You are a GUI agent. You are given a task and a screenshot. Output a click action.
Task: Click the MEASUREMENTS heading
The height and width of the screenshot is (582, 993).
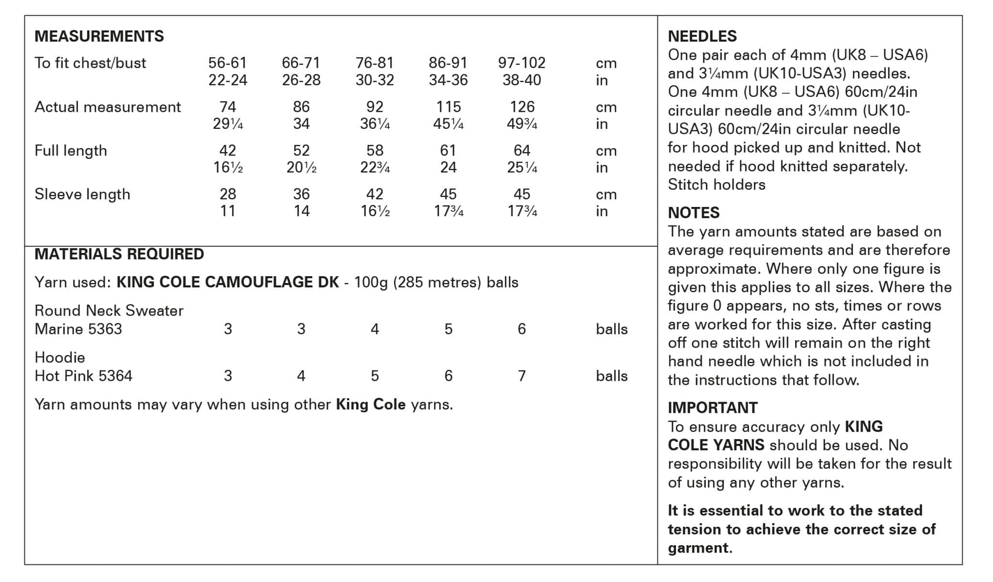[x=99, y=36]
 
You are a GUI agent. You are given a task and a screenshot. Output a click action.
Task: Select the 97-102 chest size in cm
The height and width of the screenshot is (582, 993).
[x=521, y=63]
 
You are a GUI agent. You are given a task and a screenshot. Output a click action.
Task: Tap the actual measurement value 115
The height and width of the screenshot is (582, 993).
[x=448, y=107]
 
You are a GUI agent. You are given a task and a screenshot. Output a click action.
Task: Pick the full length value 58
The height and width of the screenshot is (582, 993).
[x=374, y=150]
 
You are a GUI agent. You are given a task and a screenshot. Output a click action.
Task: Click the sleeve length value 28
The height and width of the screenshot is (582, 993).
[x=227, y=194]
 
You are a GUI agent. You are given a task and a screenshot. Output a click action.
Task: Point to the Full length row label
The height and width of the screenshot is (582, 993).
[x=71, y=151]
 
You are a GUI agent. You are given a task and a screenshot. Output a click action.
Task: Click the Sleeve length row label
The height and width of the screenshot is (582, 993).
[x=82, y=194]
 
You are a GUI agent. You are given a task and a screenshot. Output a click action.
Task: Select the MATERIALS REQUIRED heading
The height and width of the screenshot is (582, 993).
[x=119, y=254]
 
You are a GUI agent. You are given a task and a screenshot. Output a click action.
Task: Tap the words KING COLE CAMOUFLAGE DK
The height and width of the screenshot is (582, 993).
[x=227, y=282]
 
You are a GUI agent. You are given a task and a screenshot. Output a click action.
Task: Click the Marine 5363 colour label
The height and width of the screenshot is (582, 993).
[x=78, y=329]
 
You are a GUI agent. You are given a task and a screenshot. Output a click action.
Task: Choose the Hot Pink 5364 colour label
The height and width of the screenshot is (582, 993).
[x=83, y=376]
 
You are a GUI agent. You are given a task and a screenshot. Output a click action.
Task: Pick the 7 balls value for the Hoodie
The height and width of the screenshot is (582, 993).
[x=521, y=376]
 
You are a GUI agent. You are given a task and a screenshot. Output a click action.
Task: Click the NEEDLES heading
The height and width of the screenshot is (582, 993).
[x=702, y=36]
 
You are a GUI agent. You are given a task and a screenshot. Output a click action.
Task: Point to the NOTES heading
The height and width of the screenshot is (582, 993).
[x=693, y=213]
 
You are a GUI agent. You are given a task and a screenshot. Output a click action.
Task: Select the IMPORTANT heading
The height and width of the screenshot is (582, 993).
[x=712, y=408]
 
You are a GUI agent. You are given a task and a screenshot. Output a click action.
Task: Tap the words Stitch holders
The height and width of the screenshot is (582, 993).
[x=716, y=185]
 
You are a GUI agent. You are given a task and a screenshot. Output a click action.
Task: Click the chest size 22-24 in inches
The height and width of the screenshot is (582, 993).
[x=227, y=80]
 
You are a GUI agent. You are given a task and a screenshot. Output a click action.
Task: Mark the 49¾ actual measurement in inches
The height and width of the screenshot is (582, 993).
[x=522, y=124]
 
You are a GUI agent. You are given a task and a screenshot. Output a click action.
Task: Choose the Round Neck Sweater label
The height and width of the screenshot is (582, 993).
[x=109, y=311]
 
